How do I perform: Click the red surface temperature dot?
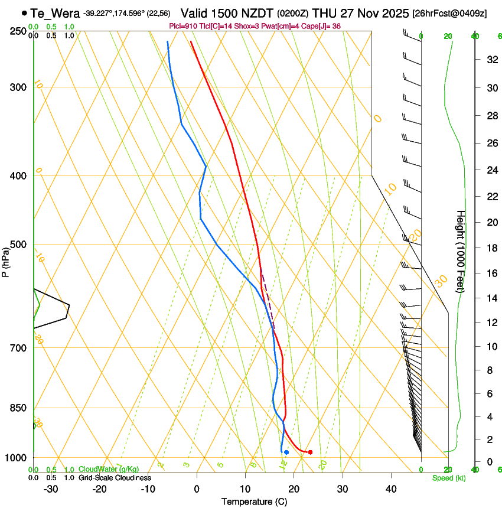(310, 452)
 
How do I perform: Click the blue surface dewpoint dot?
(286, 452)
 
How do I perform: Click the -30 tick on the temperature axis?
(51, 489)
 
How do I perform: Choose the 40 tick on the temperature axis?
(390, 489)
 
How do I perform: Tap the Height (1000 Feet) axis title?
(461, 251)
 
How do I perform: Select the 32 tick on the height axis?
(491, 59)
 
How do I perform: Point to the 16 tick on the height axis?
(491, 273)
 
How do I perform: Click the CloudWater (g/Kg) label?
(109, 470)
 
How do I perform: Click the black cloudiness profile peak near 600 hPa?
(69, 305)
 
